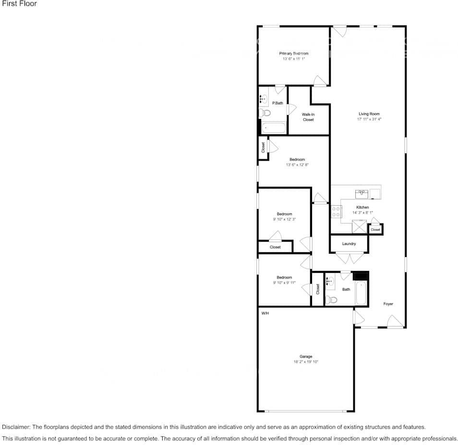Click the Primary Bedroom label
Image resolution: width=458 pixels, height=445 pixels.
293,53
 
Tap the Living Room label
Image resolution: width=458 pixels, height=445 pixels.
369,114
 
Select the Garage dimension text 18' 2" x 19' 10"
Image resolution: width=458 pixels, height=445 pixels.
306,362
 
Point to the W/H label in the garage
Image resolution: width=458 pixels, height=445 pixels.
265,314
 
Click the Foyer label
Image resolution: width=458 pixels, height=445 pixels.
388,304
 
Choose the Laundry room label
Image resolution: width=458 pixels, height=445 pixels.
349,244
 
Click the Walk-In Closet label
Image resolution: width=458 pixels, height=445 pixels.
308,117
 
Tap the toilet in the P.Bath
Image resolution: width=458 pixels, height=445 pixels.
265,113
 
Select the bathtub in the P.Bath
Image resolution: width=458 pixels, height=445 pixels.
274,128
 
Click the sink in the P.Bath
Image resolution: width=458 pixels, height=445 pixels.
264,99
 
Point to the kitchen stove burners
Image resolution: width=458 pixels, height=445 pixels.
336,211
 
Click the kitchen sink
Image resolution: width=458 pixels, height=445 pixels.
362,194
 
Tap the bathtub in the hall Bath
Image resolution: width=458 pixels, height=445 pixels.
361,293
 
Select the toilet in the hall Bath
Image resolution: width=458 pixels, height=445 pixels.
331,299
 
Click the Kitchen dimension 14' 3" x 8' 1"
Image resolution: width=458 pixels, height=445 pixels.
362,213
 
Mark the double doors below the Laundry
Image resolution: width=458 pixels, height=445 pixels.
350,258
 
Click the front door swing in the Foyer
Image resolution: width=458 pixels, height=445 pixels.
396,321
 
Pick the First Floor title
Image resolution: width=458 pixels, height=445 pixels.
19,3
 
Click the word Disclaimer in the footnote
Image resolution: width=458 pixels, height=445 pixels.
16,427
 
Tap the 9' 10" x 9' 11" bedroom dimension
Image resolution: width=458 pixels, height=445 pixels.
284,283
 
